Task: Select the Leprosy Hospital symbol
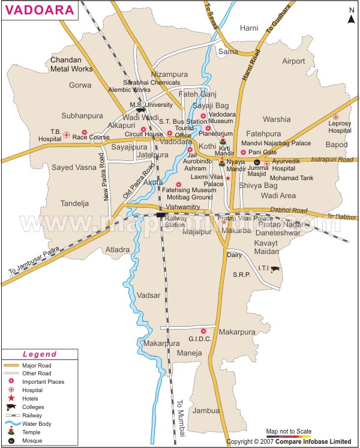(x=336, y=117)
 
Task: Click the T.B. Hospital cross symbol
(x=67, y=135)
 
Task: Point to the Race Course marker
(x=84, y=132)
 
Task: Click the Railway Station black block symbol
(x=160, y=214)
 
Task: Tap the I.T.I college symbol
(x=275, y=270)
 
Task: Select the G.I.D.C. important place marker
(x=203, y=330)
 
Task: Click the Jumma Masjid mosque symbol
(x=257, y=163)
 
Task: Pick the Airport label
(x=293, y=61)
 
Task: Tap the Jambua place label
(x=206, y=411)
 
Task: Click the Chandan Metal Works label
(x=71, y=65)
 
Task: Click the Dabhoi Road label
(x=289, y=211)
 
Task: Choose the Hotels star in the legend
(x=11, y=398)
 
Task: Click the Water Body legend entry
(x=35, y=423)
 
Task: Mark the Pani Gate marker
(x=243, y=153)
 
